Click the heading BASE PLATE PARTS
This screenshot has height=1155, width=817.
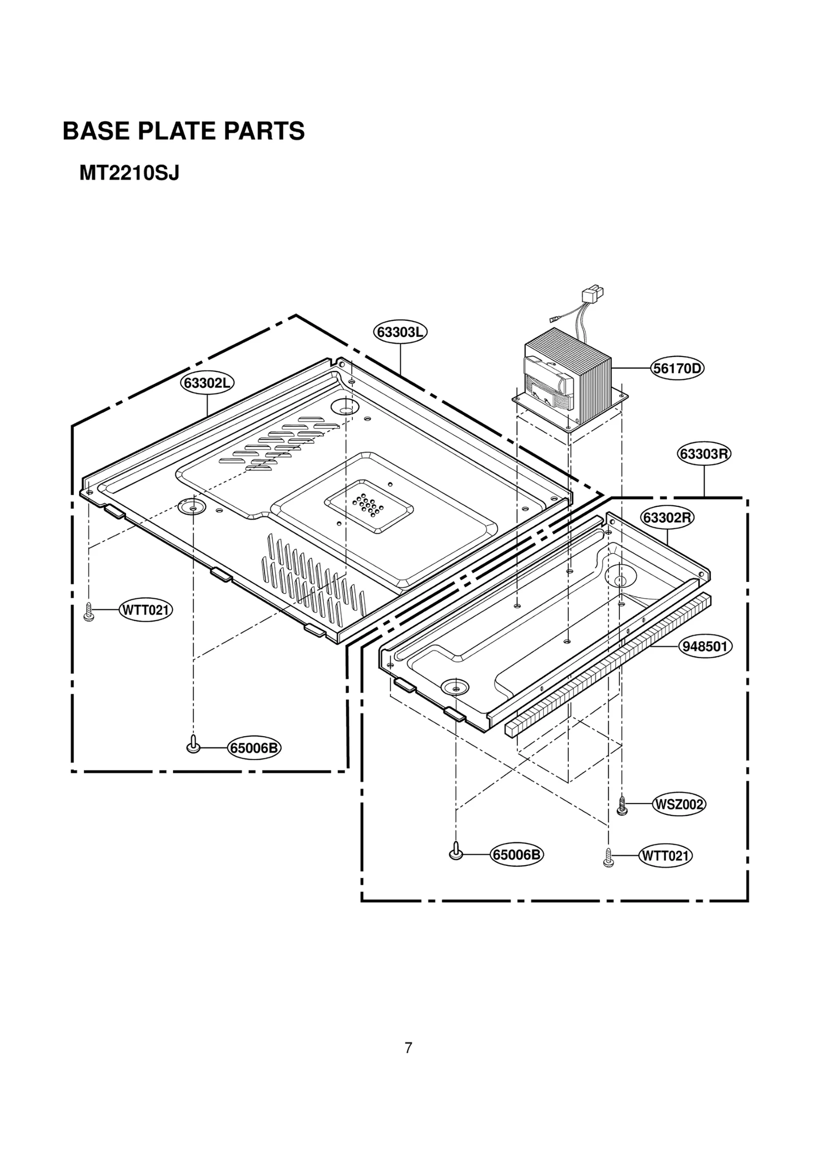(183, 131)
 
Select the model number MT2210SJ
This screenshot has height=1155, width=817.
(129, 174)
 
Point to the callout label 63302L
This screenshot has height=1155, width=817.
(207, 383)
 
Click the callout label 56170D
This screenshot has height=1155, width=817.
(677, 368)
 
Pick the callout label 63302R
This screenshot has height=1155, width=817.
(667, 518)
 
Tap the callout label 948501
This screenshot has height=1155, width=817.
(705, 647)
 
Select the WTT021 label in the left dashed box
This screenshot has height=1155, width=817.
(146, 610)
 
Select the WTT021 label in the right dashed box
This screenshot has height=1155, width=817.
(665, 856)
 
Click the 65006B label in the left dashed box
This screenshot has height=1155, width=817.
(254, 748)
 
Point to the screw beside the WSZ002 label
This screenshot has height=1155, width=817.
(622, 806)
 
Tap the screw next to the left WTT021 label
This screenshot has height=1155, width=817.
(88, 611)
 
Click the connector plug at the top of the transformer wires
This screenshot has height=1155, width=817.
(593, 295)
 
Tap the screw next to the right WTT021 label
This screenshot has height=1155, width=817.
(608, 857)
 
